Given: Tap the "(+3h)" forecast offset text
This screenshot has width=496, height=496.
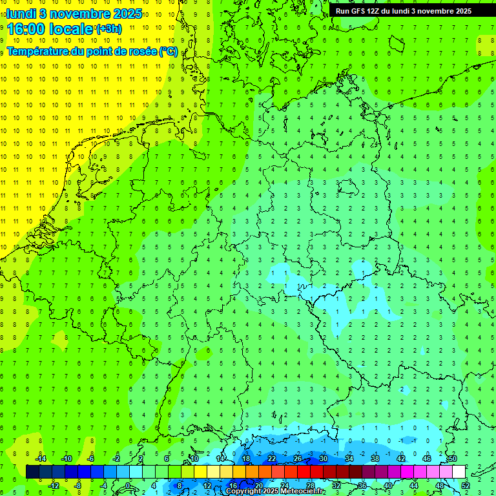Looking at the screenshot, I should click(108, 29).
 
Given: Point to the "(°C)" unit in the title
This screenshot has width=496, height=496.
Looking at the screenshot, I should click(169, 51).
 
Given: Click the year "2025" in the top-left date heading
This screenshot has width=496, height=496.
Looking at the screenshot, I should click(128, 14).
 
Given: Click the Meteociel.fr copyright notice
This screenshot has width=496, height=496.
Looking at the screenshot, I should click(275, 491).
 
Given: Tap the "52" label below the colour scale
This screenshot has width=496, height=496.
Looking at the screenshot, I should click(466, 486).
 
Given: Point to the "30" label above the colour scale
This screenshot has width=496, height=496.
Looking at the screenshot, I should click(323, 459).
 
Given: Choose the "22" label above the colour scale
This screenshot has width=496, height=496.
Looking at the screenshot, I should click(272, 459).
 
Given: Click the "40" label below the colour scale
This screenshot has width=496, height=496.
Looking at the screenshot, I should click(388, 486).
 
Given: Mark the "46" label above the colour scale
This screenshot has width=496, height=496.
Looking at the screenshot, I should click(426, 459).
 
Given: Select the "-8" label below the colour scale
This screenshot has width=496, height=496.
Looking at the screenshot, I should click(78, 486).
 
